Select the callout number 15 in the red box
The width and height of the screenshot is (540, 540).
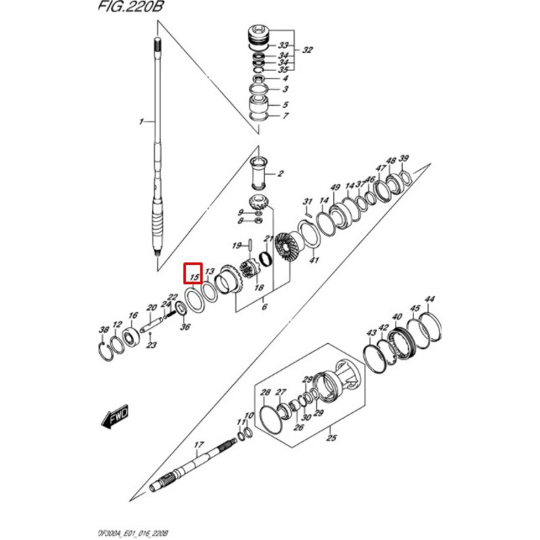194,274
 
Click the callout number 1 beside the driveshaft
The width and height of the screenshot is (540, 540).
141,123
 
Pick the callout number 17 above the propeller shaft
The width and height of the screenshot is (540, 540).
199,445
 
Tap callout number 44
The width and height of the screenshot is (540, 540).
430,299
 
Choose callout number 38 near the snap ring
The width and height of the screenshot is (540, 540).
104,329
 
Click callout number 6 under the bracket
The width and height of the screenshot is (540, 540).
264,309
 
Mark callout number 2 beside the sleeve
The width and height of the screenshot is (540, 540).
281,175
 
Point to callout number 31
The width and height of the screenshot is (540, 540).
308,202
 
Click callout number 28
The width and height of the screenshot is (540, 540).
266,393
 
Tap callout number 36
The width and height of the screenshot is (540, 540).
185,327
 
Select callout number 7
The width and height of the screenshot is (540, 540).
285,116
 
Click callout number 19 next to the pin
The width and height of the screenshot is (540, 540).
237,246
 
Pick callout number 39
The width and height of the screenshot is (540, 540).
404,159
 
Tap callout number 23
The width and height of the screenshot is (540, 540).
151,345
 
